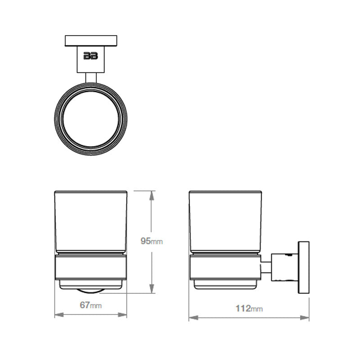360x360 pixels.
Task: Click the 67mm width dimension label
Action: (90, 305)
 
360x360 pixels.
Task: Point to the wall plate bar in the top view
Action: (91, 40)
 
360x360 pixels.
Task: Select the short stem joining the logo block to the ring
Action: (91, 78)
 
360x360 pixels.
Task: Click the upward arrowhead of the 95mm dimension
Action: (152, 195)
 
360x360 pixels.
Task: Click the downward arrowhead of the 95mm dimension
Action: (152, 289)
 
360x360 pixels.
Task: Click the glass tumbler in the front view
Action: (91, 220)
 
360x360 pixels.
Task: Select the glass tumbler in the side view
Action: (225, 220)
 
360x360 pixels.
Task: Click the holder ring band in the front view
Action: (91, 268)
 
